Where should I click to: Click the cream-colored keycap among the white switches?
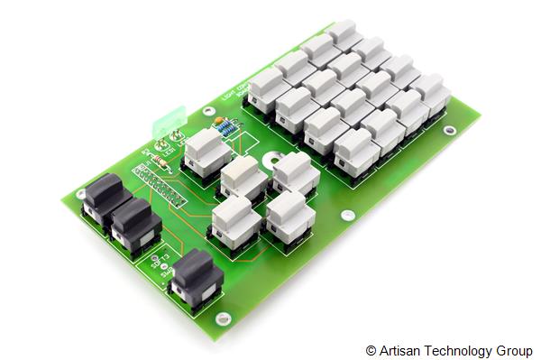tap(242, 172)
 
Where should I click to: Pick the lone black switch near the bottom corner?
tap(197, 276)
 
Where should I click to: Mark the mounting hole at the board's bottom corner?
tap(223, 317)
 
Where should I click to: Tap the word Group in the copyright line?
tap(515, 351)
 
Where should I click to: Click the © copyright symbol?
tap(371, 351)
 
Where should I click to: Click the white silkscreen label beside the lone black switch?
tap(162, 263)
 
